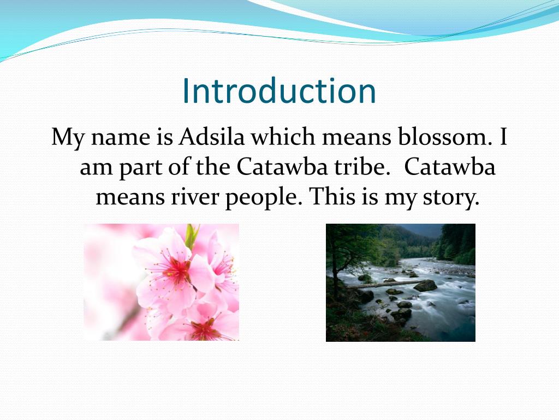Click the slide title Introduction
coord(279,91)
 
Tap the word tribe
coord(365,167)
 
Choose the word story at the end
coord(451,198)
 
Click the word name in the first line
coord(121,137)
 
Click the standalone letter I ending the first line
coord(503,137)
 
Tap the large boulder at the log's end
coord(425,285)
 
